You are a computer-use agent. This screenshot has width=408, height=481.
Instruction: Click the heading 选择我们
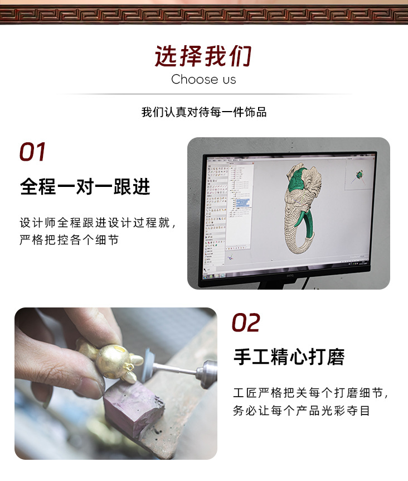203,56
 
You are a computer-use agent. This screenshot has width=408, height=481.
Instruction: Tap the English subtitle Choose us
203,79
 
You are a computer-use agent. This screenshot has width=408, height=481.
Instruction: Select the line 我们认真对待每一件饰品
204,112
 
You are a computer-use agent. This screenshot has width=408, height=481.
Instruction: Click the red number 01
32,152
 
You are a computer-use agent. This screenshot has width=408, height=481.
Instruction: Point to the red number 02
246,323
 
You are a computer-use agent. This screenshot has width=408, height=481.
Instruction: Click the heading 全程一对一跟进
85,186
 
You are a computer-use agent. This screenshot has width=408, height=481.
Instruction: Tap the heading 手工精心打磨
289,357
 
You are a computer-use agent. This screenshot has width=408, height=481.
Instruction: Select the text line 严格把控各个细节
69,240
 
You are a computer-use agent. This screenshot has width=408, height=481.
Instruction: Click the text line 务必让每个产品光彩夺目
302,411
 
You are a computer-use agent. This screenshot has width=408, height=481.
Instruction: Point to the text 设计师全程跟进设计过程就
95,223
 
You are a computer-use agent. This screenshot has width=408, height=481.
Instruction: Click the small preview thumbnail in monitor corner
359,175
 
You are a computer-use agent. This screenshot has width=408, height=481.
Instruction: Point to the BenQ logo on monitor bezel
289,276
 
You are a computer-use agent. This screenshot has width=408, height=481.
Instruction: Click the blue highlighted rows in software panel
242,203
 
